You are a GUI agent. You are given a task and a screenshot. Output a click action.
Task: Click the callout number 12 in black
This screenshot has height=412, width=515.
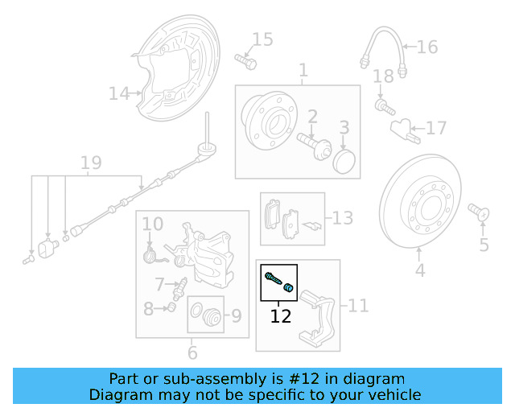tap(281, 316)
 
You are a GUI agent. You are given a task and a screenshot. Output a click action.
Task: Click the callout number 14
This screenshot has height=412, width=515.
tap(119, 94)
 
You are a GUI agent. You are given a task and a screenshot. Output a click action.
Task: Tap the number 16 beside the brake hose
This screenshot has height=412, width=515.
tap(426, 47)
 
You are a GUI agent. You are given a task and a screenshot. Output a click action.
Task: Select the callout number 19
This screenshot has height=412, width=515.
tap(91, 163)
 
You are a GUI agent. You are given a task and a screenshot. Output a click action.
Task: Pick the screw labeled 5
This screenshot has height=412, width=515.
tap(478, 212)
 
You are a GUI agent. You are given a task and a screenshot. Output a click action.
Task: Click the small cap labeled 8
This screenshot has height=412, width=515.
tap(171, 308)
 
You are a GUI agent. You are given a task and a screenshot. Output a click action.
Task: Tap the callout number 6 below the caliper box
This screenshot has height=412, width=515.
tap(192, 352)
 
